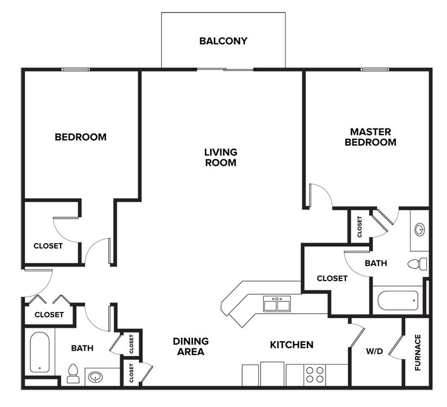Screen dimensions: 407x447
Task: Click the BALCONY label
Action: pos(223,41)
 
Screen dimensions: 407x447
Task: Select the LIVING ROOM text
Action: pos(221,157)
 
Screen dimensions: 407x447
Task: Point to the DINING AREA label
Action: pos(191,346)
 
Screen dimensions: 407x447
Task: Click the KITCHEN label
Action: pos(291,345)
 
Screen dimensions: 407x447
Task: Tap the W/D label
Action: pos(374,351)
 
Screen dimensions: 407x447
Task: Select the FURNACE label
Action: pos(418,352)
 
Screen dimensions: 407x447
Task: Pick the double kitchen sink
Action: pos(277,303)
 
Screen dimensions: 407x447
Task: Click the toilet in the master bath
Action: pos(417,264)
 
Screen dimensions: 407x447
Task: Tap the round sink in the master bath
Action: pos(419,230)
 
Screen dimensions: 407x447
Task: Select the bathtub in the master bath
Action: pos(398,301)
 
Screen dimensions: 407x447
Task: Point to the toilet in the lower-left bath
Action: pos(73,374)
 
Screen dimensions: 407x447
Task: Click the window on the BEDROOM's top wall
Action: pos(75,69)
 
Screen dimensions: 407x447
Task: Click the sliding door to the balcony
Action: pos(225,69)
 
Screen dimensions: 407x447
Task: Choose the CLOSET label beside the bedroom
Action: pos(48,246)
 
